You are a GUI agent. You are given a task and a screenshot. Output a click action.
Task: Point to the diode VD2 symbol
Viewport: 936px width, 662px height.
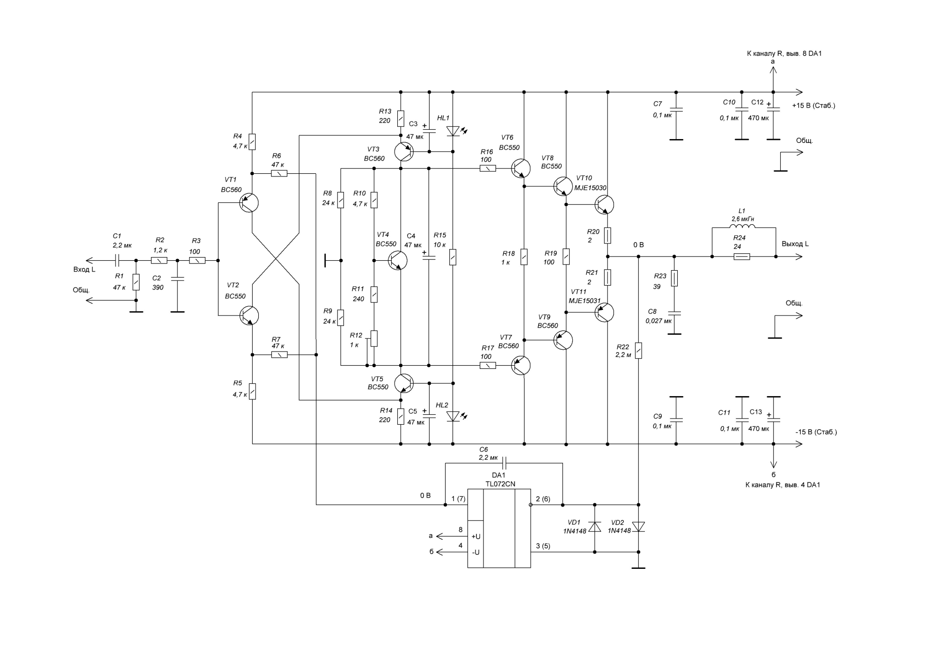coord(638,527)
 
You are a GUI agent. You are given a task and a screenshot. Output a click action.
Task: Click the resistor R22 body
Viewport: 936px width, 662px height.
coord(638,350)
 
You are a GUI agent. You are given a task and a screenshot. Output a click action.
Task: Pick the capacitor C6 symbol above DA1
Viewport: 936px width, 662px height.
coord(504,463)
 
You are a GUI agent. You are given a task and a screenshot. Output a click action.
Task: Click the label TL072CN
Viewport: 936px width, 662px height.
coord(500,484)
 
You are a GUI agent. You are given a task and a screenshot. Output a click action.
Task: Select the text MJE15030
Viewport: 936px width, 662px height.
coord(590,188)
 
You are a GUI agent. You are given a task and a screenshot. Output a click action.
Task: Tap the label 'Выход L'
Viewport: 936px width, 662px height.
coord(795,244)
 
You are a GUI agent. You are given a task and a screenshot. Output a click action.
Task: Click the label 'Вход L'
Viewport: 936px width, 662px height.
coord(84,269)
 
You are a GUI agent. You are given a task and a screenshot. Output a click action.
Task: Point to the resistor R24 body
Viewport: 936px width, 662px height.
coord(742,257)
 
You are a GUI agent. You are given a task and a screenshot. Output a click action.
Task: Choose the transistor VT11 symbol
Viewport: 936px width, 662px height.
coord(604,312)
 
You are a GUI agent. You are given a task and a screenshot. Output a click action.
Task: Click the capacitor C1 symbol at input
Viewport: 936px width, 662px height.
coord(118,260)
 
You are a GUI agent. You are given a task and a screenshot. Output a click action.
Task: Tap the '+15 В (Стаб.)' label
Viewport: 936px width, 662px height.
coord(814,106)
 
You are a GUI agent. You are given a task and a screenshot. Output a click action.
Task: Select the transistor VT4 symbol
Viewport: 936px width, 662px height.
coord(398,260)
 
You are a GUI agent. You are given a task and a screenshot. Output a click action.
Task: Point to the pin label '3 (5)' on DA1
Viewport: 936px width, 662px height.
coord(543,546)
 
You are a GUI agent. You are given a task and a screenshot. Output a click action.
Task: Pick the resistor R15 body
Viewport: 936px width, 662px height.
coord(453,257)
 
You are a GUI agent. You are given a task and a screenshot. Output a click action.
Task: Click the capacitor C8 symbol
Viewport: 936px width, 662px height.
coord(674,313)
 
